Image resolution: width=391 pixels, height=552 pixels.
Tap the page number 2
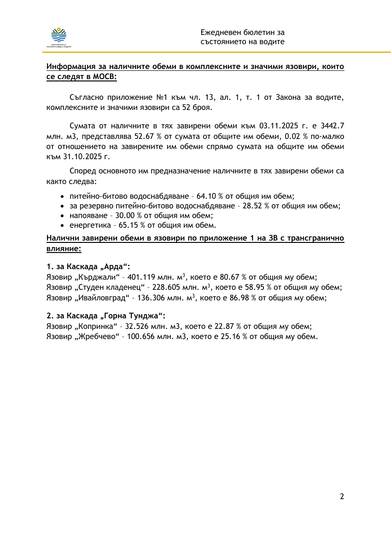342,496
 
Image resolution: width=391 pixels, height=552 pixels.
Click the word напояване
87,215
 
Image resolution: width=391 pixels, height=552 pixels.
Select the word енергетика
89,225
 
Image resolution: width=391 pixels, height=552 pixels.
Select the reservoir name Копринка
96,327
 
